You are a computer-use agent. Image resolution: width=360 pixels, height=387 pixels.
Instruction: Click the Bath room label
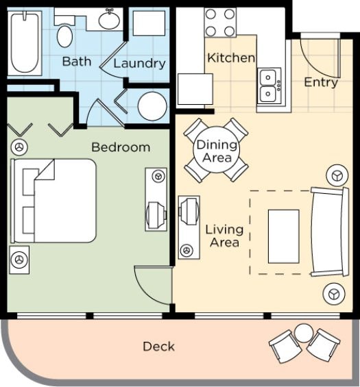(x=77, y=61)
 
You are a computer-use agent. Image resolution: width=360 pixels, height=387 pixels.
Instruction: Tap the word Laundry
(x=139, y=64)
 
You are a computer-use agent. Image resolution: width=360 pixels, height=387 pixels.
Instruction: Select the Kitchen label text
(x=231, y=58)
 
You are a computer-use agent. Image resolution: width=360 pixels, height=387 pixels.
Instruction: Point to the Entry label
(x=321, y=82)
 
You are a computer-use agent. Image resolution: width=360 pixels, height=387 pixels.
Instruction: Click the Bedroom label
(x=121, y=147)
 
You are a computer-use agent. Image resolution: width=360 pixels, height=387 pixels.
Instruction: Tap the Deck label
(x=158, y=347)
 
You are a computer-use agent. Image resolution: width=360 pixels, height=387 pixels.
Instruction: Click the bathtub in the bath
(x=25, y=42)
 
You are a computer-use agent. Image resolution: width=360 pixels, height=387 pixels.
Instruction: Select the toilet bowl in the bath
(x=64, y=36)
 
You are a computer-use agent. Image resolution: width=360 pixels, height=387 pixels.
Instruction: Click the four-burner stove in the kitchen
(x=220, y=23)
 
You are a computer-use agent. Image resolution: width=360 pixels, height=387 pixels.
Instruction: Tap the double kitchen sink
(x=269, y=86)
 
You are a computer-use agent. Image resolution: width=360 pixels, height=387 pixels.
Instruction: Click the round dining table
(x=217, y=150)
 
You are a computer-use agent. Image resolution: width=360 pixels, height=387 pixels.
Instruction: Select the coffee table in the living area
(x=284, y=236)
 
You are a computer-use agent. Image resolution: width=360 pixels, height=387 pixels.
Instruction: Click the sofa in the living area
(x=330, y=232)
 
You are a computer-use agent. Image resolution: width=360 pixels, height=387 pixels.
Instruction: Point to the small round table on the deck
(x=304, y=333)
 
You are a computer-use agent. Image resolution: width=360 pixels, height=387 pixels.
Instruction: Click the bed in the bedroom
(x=53, y=201)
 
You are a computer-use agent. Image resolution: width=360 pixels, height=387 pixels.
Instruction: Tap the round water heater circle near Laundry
(x=152, y=106)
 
